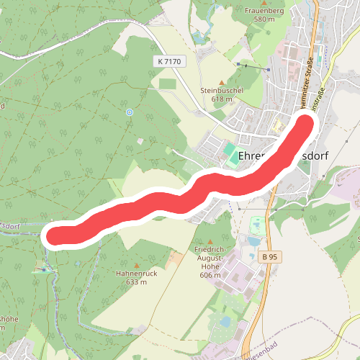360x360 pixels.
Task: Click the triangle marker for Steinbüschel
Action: [x=222, y=82]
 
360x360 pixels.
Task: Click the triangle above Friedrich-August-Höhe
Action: [x=210, y=241]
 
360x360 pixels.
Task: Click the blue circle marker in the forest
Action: [x=129, y=112]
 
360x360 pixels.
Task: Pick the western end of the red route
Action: [x=58, y=235]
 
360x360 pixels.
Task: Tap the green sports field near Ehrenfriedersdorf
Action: [x=229, y=151]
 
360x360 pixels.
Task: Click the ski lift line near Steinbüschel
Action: [x=253, y=67]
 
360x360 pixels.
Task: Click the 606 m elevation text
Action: [x=210, y=275]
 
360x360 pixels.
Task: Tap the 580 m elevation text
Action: [x=265, y=20]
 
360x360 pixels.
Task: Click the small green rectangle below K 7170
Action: [x=167, y=84]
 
